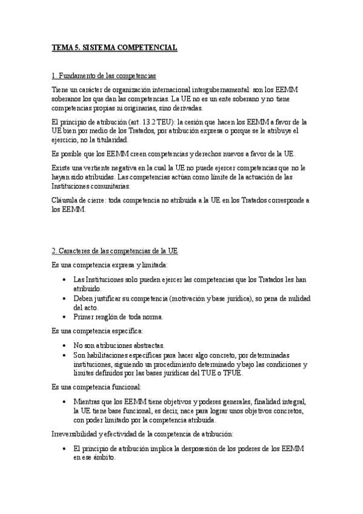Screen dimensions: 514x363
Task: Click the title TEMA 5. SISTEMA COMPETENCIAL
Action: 115,47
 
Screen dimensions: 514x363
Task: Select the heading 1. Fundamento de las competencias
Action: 104,76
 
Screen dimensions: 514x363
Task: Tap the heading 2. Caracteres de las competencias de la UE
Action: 115,251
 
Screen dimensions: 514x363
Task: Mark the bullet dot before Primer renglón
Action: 65,317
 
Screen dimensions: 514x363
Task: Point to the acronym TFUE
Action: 233,373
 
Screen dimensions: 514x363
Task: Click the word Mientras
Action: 87,402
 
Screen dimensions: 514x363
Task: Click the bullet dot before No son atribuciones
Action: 65,345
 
